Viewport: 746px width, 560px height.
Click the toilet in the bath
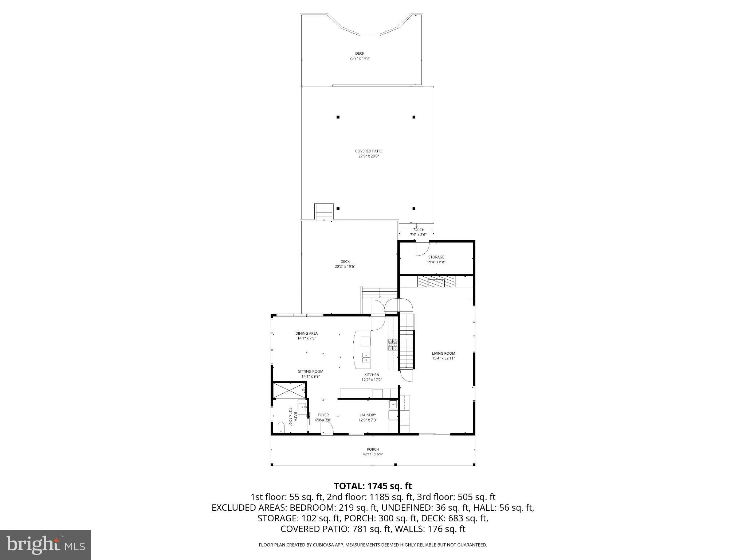(x=281, y=427)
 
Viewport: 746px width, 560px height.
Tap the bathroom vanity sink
(x=302, y=406)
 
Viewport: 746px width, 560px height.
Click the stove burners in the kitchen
(x=393, y=345)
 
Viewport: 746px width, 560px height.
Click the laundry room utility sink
(x=393, y=404)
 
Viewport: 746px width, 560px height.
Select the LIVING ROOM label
(x=443, y=353)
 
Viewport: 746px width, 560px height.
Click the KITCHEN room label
(x=372, y=375)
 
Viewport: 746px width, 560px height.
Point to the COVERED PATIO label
(x=369, y=151)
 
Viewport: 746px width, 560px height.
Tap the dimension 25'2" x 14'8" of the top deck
(x=360, y=58)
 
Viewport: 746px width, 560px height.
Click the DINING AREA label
(x=306, y=333)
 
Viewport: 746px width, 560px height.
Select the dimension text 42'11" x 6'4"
(x=373, y=454)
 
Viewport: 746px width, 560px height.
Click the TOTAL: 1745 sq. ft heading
(x=373, y=486)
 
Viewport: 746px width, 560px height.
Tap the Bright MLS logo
(x=46, y=545)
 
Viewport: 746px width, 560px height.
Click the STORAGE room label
(x=436, y=257)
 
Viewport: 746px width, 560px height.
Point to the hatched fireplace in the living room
(x=436, y=282)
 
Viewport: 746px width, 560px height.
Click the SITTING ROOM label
(x=310, y=372)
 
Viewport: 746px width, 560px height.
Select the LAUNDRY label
(x=368, y=415)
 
